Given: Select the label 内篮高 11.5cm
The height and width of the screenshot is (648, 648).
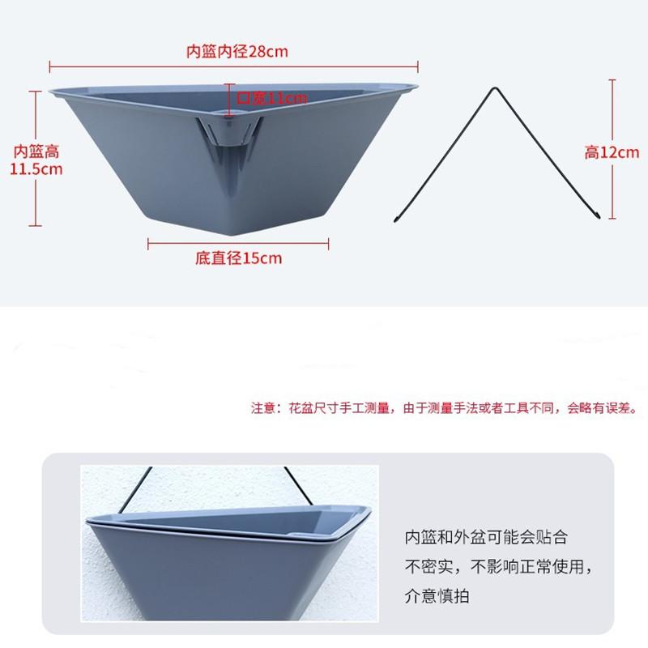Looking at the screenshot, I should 36,160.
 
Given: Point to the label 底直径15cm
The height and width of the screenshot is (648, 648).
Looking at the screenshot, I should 238,258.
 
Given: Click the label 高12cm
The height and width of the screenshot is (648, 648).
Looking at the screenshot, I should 612,152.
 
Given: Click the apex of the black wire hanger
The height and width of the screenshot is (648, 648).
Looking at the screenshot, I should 492,86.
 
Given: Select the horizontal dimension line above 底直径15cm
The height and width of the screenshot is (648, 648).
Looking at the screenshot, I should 238,242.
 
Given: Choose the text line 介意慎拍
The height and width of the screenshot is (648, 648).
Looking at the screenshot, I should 437,598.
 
